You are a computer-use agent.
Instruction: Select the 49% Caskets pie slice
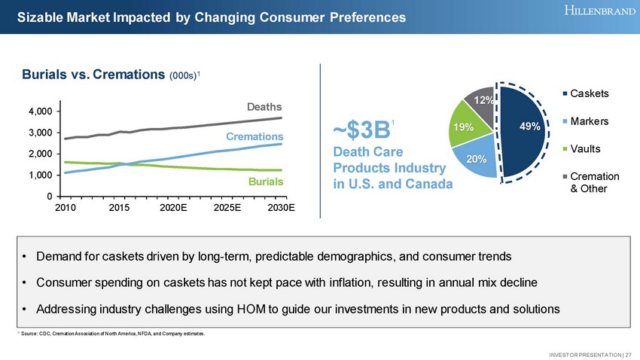click(526, 128)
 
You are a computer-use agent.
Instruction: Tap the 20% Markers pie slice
click(474, 157)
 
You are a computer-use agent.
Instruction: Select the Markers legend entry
click(590, 122)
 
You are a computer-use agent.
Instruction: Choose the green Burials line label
click(266, 182)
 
